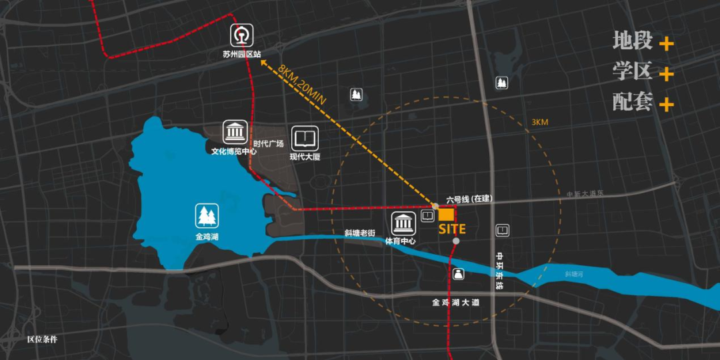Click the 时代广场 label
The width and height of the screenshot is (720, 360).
(x=268, y=144)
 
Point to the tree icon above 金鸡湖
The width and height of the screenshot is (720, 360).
(x=207, y=217)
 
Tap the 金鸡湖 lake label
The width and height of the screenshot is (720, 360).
(x=207, y=236)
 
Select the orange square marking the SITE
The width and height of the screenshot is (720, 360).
(x=447, y=215)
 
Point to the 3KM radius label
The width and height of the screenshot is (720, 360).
(x=540, y=123)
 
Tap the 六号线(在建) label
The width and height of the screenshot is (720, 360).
(x=469, y=199)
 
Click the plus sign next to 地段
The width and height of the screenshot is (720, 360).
(x=666, y=45)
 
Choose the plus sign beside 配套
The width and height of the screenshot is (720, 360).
(x=666, y=105)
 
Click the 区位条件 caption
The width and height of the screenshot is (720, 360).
(x=42, y=339)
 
